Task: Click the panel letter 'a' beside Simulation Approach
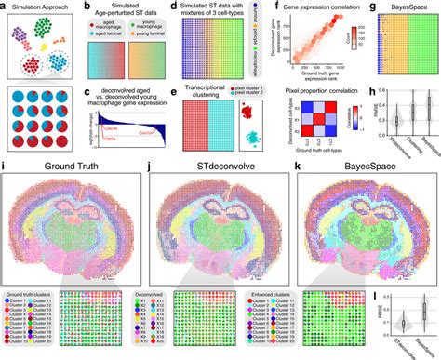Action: click(6, 7)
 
